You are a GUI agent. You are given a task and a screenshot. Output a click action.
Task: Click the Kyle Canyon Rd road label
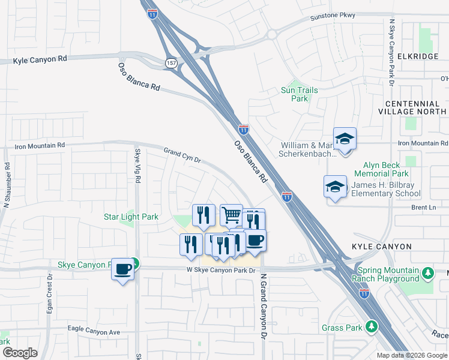click(x=41, y=60)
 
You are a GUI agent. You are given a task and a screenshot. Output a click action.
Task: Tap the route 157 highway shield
click(x=170, y=63)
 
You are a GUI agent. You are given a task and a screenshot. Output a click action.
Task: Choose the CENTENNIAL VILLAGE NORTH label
click(x=412, y=107)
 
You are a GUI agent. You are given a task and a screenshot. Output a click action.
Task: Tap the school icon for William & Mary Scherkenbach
click(x=345, y=140)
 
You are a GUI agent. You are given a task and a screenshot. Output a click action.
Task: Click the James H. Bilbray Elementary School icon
click(x=335, y=187)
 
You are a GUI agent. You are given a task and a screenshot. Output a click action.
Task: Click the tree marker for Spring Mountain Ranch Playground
click(x=427, y=274)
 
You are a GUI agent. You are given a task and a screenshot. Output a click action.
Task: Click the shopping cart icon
click(x=231, y=215)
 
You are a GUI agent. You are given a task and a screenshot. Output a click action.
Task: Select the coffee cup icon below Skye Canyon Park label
click(x=123, y=269)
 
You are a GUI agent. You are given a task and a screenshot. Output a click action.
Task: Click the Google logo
click(x=20, y=353)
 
